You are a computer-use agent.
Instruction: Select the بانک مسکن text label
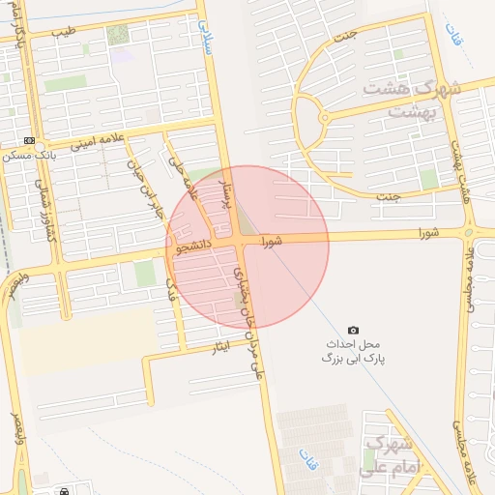tap(27, 156)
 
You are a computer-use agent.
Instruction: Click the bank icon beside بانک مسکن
tap(28, 140)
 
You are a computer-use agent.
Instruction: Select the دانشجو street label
tap(194, 247)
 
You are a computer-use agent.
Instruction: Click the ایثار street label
tap(221, 348)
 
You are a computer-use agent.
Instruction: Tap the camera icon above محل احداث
tap(353, 331)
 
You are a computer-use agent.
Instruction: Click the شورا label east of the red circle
tap(428, 233)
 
